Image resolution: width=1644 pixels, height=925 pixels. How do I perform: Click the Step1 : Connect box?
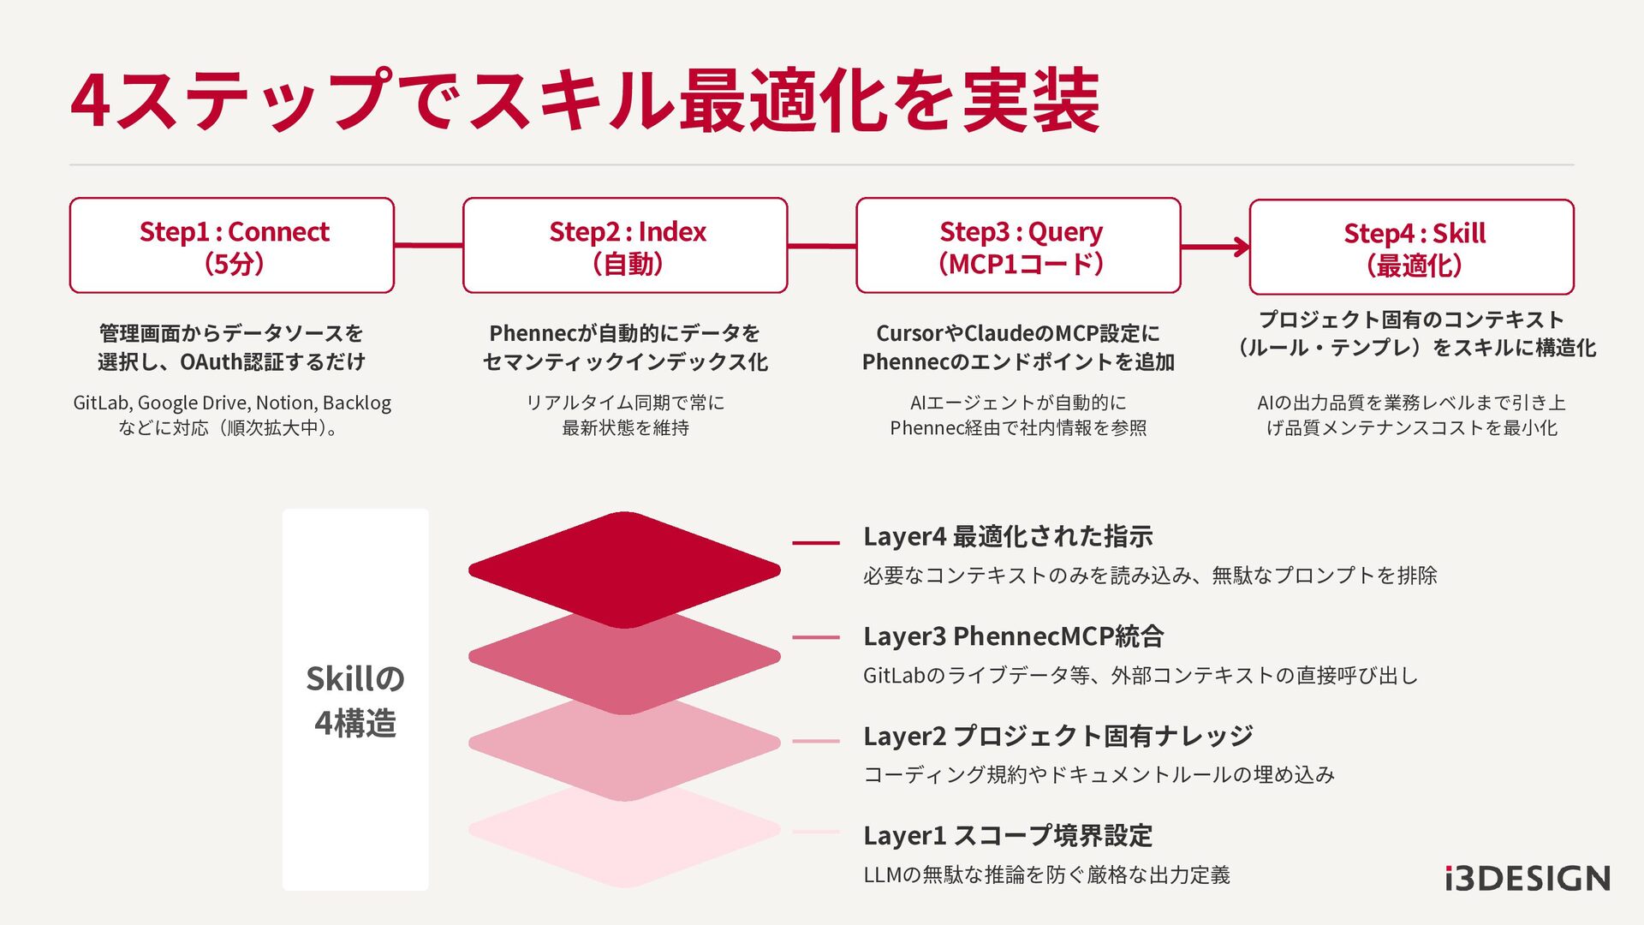click(232, 246)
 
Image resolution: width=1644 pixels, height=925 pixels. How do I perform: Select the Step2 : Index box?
click(625, 246)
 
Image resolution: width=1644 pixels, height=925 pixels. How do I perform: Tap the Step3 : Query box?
click(1018, 246)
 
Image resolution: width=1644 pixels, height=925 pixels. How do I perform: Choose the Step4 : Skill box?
click(1411, 248)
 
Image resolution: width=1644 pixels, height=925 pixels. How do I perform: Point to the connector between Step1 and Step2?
click(428, 246)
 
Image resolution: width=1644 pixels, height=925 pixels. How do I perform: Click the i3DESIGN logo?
click(1528, 879)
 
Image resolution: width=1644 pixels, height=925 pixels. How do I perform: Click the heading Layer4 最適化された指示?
click(1008, 537)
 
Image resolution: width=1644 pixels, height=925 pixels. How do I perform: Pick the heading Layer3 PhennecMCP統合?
click(1013, 636)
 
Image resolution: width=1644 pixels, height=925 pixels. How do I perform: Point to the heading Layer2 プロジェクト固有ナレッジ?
click(1057, 736)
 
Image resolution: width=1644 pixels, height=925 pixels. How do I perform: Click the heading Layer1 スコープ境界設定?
click(1008, 835)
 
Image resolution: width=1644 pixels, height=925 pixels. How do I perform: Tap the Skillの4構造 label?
click(355, 701)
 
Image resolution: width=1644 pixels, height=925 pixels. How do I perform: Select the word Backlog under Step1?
click(357, 403)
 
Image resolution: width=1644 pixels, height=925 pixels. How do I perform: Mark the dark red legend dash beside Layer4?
click(815, 542)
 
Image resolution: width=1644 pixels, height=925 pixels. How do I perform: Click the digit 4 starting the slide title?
click(91, 101)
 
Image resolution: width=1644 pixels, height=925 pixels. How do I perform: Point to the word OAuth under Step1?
click(211, 361)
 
